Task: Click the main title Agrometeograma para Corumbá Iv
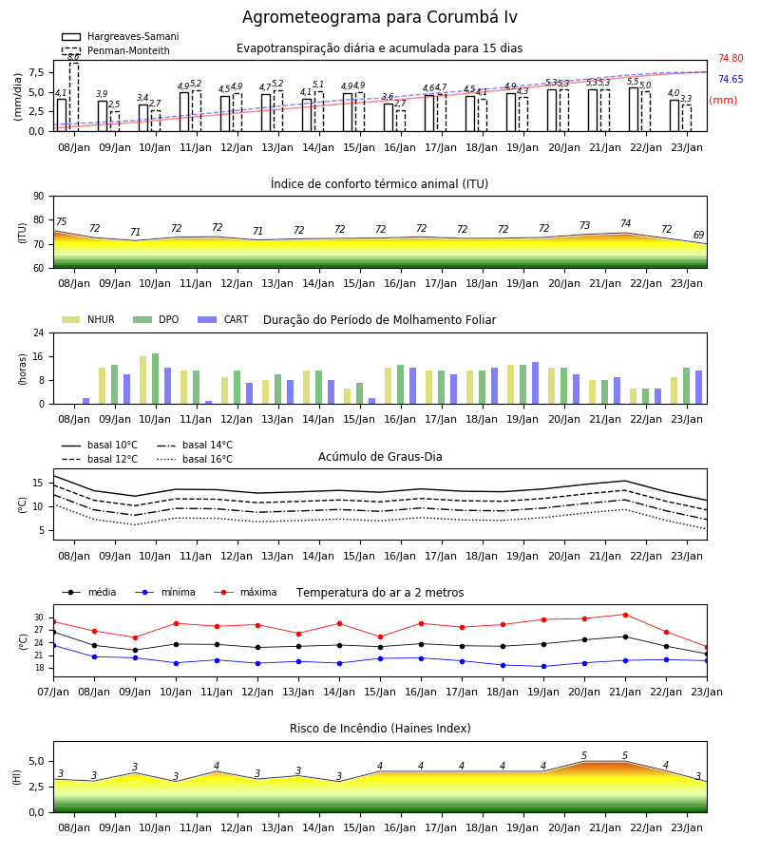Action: pos(379,17)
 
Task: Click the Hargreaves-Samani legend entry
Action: pos(121,36)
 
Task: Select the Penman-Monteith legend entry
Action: pos(116,50)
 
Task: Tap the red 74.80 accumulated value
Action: pos(731,58)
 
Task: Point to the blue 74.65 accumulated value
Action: pos(731,79)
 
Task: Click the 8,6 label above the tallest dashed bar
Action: pos(73,57)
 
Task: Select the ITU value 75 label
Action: pos(61,221)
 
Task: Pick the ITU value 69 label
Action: pos(698,235)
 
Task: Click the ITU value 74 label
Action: pos(625,223)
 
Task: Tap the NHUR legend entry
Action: pos(88,319)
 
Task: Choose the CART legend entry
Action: pos(223,319)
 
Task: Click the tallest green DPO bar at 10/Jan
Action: pos(156,379)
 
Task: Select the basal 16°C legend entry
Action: pos(195,459)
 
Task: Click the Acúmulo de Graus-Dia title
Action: pos(380,456)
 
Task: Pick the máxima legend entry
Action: pos(245,592)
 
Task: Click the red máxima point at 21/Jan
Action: pos(625,615)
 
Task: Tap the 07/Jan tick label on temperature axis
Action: pos(53,692)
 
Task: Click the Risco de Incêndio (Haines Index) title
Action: pos(380,729)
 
